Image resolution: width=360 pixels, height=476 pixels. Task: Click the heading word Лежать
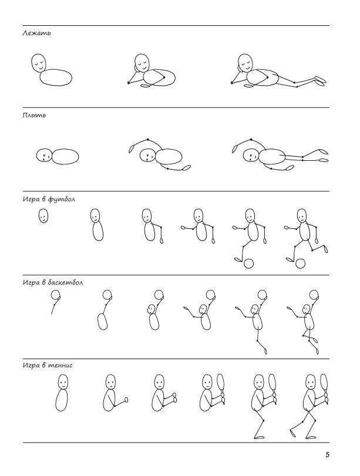point(36,33)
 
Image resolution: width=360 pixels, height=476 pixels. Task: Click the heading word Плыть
point(34,116)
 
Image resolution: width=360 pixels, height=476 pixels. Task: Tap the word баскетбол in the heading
point(65,283)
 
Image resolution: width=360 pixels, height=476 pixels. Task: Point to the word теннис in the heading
point(60,365)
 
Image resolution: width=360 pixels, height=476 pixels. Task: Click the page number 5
point(327,455)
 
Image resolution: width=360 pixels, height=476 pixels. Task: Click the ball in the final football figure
point(301,264)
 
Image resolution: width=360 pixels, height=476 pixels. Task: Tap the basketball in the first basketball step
point(56,295)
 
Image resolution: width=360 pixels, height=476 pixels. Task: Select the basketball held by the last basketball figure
point(314,295)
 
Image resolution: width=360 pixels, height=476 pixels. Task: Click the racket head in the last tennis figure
point(324,382)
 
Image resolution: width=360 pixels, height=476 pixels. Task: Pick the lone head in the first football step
point(43,216)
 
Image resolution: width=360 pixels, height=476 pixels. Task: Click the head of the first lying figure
point(39,63)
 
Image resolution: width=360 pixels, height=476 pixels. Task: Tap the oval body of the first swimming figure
point(65,156)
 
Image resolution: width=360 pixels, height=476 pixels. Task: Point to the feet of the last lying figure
point(321,80)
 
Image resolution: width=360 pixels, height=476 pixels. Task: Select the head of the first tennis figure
point(63,382)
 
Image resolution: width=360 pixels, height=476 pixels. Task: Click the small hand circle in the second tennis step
point(126,400)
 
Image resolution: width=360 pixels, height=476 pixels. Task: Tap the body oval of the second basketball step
point(102,322)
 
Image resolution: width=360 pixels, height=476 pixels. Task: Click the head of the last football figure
point(302,215)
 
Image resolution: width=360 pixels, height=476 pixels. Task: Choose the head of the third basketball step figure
point(151,309)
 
